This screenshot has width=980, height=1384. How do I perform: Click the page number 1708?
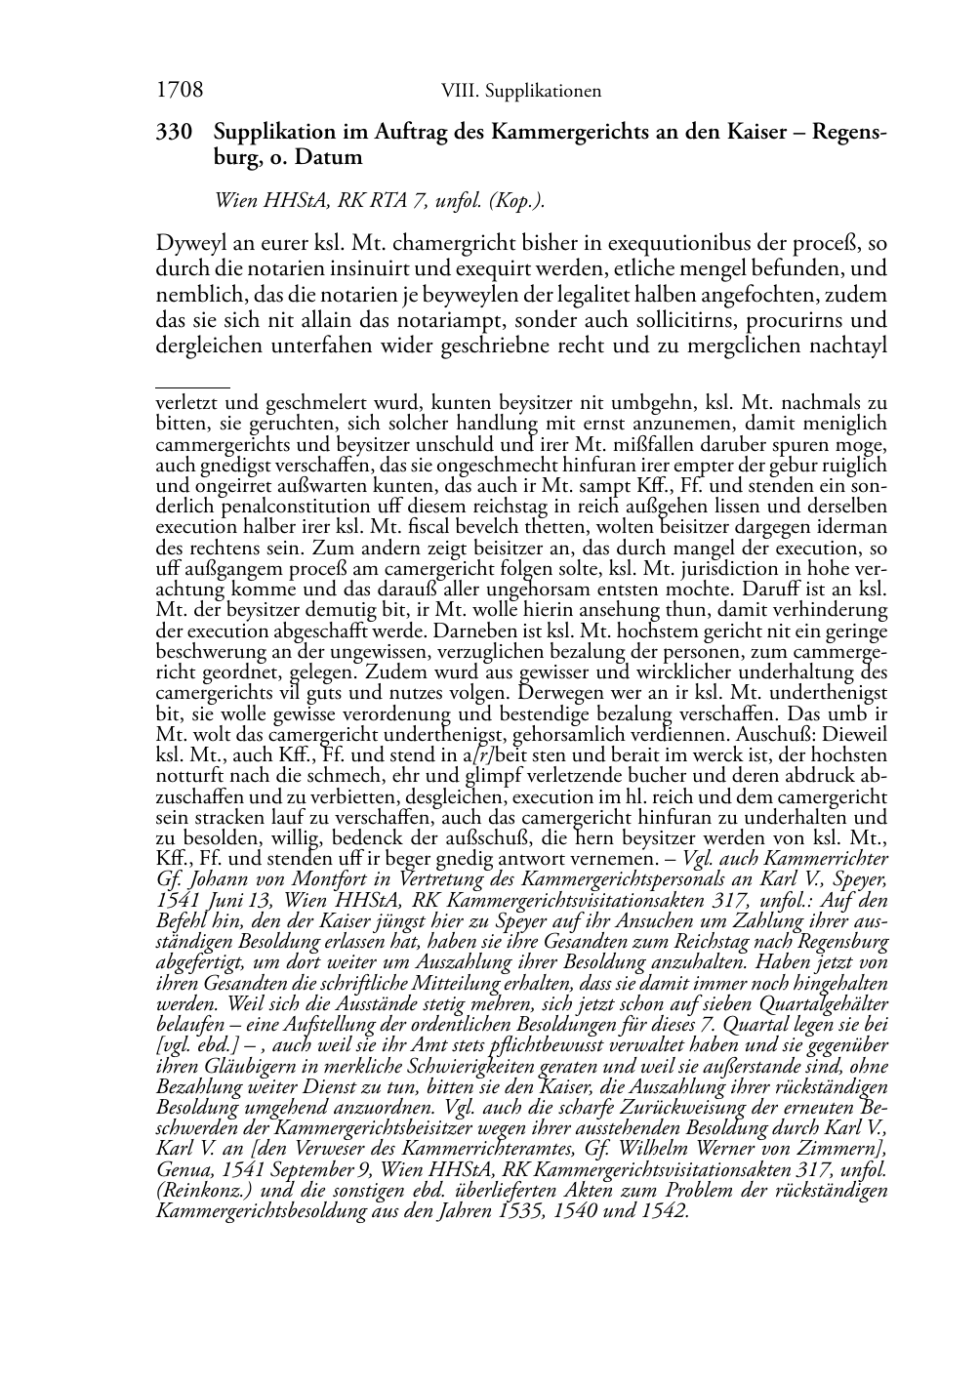click(179, 91)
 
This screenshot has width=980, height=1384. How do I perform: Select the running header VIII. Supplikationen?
click(520, 92)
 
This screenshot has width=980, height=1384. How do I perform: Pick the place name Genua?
click(183, 1170)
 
